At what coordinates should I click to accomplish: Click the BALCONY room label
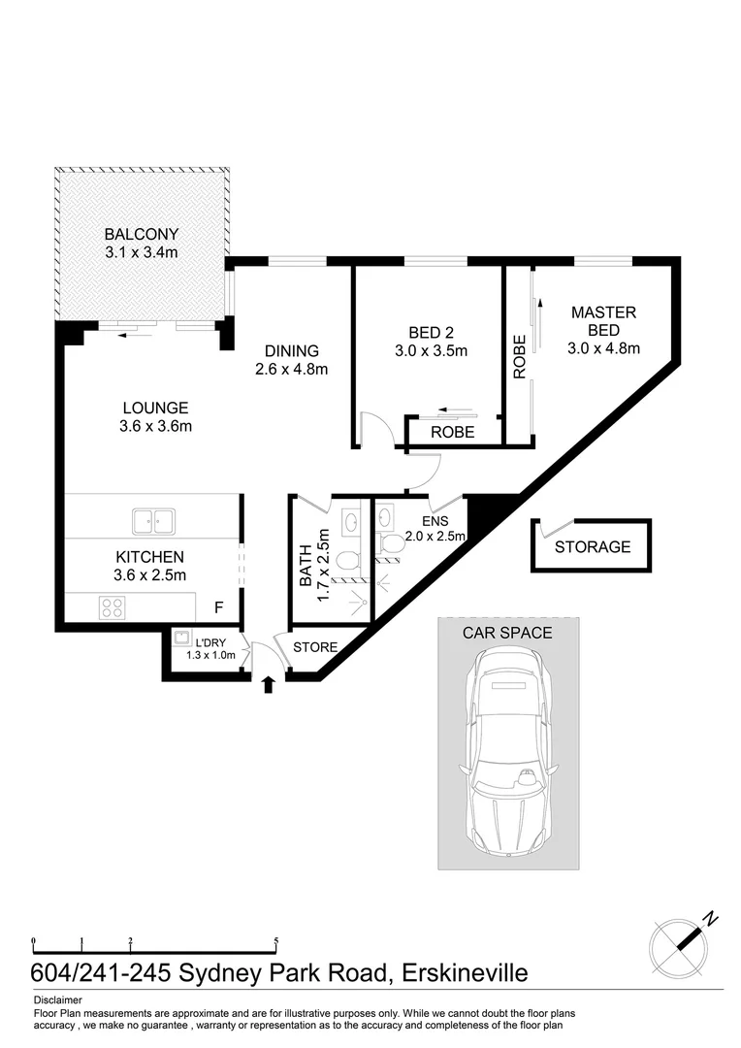pyautogui.click(x=142, y=234)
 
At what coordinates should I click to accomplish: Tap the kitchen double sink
pyautogui.click(x=152, y=521)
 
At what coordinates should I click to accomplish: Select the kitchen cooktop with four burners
pyautogui.click(x=112, y=607)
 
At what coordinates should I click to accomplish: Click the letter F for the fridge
pyautogui.click(x=219, y=608)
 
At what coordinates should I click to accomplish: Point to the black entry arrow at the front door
pyautogui.click(x=269, y=685)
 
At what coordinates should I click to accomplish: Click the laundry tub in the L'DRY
pyautogui.click(x=181, y=639)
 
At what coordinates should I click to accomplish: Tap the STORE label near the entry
pyautogui.click(x=315, y=647)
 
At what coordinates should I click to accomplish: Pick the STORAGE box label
pyautogui.click(x=592, y=547)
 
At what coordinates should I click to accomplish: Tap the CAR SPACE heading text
pyautogui.click(x=507, y=633)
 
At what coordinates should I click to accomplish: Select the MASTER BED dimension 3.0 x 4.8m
pyautogui.click(x=603, y=348)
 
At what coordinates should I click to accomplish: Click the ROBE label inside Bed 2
pyautogui.click(x=452, y=433)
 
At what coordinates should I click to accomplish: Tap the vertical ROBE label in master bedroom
pyautogui.click(x=520, y=356)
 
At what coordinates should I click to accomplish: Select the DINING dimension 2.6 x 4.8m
pyautogui.click(x=291, y=369)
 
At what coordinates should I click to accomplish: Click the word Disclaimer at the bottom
pyautogui.click(x=57, y=999)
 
